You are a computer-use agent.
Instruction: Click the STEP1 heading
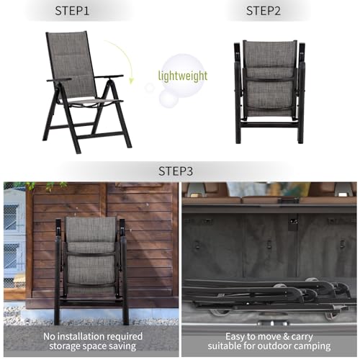point(72,11)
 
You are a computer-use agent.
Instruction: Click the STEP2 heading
point(264,11)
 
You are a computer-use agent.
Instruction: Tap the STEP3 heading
point(176,171)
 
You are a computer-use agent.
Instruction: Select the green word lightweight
point(183,76)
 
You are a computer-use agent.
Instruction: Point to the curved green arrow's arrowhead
point(131,81)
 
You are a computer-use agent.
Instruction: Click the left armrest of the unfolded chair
point(59,80)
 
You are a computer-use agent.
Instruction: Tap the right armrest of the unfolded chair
point(109,77)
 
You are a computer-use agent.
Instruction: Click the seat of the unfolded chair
point(91,102)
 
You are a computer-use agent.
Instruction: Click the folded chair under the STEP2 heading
point(270,91)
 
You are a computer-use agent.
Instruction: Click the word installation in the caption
point(81,336)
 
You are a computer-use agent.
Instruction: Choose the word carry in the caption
point(302,337)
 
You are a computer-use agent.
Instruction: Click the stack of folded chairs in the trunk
point(269,297)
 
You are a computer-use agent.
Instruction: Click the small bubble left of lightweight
point(150,87)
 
